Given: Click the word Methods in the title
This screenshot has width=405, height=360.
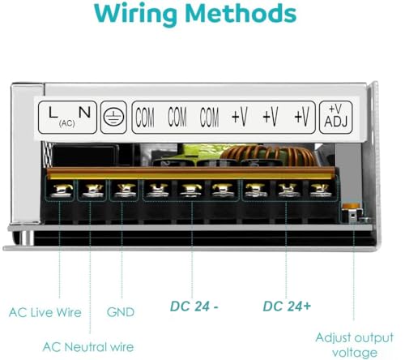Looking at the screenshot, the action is click(241, 13).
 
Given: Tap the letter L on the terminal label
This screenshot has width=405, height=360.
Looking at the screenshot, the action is click(53, 113).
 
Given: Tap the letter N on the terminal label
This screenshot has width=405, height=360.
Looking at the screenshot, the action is click(84, 112).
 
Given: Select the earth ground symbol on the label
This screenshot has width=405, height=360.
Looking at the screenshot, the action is click(113, 118).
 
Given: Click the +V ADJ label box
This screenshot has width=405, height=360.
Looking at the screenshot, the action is click(335, 117).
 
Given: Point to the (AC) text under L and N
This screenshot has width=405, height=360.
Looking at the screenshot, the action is click(67, 123).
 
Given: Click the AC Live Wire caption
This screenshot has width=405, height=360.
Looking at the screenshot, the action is click(45, 312).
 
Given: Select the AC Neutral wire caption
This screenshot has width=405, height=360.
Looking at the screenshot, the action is click(88, 347).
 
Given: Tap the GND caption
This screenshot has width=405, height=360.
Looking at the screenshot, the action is click(121, 312).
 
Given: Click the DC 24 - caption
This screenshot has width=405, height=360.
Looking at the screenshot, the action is click(194, 306).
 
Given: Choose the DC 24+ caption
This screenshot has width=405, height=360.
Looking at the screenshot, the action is click(287, 306).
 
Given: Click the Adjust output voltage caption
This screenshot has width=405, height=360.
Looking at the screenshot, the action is click(354, 345).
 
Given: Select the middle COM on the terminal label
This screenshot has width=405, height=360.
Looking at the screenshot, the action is click(177, 117).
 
